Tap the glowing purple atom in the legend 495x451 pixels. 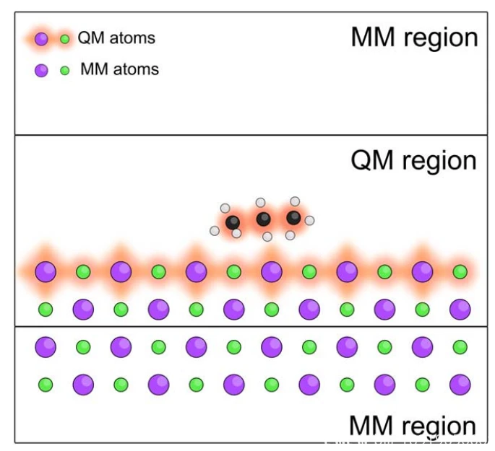(x=41, y=39)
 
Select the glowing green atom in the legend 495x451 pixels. (x=65, y=39)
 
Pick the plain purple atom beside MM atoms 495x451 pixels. (x=41, y=71)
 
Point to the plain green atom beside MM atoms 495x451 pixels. (x=65, y=71)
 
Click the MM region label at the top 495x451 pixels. (x=414, y=38)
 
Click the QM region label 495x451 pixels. (x=413, y=160)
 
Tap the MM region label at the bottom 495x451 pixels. (x=413, y=425)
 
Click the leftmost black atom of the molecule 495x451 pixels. (x=233, y=222)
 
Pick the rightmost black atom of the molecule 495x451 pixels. (x=293, y=217)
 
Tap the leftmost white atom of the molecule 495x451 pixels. (x=215, y=230)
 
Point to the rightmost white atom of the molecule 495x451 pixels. (x=309, y=220)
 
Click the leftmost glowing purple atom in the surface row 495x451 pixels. (x=46, y=272)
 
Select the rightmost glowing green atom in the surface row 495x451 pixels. (x=460, y=272)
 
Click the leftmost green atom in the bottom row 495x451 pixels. (x=46, y=384)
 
